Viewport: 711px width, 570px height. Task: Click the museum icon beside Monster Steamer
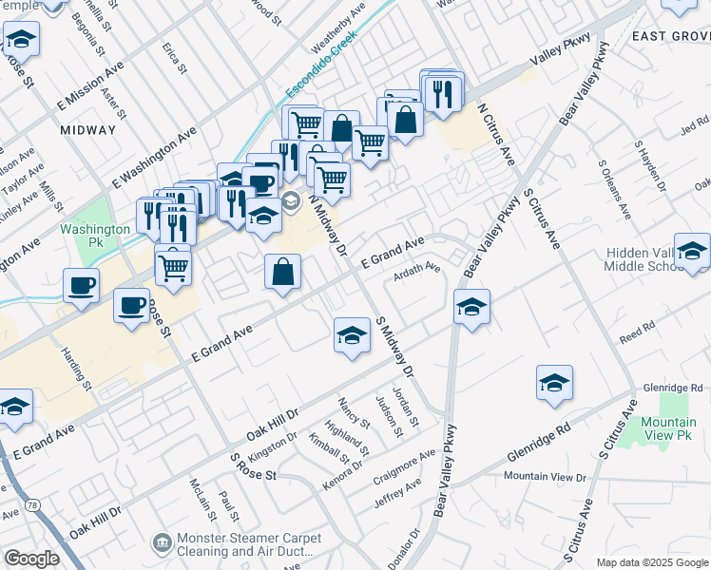click(x=162, y=541)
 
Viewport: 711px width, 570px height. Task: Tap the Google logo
click(x=31, y=559)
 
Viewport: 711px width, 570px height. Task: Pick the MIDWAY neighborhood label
click(x=87, y=129)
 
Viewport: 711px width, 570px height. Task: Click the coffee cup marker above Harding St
click(x=81, y=284)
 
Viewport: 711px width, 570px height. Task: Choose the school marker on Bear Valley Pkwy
click(x=471, y=308)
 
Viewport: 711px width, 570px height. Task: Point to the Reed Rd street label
click(x=637, y=330)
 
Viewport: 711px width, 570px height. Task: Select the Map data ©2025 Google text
click(x=653, y=562)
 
